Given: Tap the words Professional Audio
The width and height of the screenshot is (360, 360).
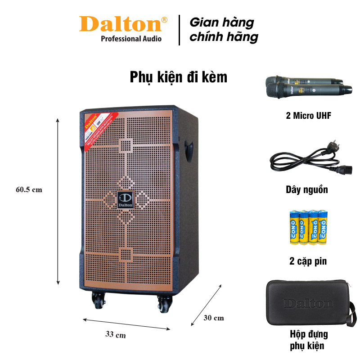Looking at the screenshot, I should click(x=131, y=39).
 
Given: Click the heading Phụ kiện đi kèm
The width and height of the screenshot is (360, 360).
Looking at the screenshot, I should click(x=179, y=77).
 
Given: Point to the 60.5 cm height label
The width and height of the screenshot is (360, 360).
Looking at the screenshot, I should click(x=29, y=189).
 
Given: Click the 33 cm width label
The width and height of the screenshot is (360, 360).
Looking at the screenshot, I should click(x=116, y=335).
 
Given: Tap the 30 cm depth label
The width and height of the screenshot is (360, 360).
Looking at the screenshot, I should click(x=213, y=318).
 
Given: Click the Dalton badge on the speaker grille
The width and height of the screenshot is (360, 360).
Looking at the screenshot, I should click(x=124, y=200).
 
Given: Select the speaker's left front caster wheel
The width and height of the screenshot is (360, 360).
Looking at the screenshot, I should click(x=98, y=301).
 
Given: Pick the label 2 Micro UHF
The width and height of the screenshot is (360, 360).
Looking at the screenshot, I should click(x=308, y=116).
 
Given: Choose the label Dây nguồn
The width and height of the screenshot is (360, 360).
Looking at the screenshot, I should click(x=307, y=189).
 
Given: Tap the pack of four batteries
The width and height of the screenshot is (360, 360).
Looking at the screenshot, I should click(x=308, y=227).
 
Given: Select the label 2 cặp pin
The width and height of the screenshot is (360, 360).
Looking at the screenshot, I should click(x=308, y=261).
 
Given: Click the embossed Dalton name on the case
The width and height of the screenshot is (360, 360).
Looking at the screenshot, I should click(x=308, y=303).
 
